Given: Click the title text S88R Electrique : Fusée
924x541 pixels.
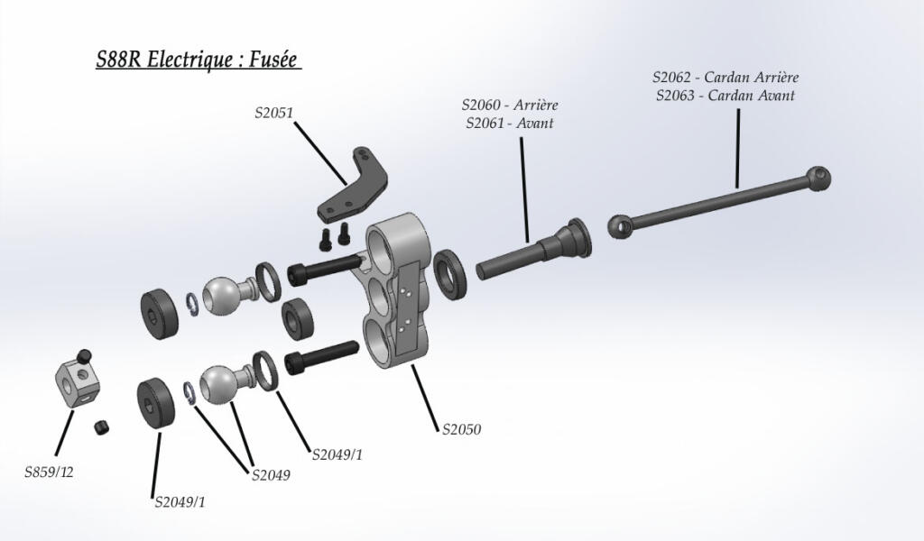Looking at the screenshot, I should click(198, 60).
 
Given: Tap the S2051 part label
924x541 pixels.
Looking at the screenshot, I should click(274, 113).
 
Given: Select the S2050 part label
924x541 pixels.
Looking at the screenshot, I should click(461, 429).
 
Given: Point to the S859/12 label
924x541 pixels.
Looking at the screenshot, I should click(49, 472).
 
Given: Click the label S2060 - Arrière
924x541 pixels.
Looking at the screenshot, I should click(510, 105).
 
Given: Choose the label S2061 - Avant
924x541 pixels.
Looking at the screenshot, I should click(510, 124).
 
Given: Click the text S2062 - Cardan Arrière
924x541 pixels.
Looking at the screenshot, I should click(725, 77).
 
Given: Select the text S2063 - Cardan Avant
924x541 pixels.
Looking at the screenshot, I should click(725, 95).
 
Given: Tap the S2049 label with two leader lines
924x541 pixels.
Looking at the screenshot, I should click(271, 475).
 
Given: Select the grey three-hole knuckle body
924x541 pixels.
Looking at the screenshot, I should click(397, 298).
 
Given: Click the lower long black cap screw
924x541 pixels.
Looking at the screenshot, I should click(320, 357).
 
